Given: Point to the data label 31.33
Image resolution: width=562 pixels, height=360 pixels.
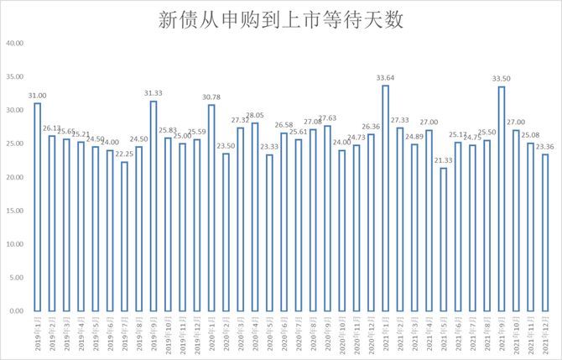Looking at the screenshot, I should tap(153, 93).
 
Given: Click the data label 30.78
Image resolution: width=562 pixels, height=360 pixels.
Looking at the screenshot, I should tap(211, 97).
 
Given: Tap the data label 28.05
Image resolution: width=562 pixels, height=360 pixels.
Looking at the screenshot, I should tap(254, 115).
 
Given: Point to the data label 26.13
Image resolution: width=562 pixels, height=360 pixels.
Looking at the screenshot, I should tap(51, 128).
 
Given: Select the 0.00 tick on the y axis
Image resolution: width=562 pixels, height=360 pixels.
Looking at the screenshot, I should tap(16, 311).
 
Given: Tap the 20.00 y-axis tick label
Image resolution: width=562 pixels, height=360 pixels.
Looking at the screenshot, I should tap(14, 177).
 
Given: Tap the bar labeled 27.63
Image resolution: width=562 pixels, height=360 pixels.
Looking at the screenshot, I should tap(327, 218).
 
